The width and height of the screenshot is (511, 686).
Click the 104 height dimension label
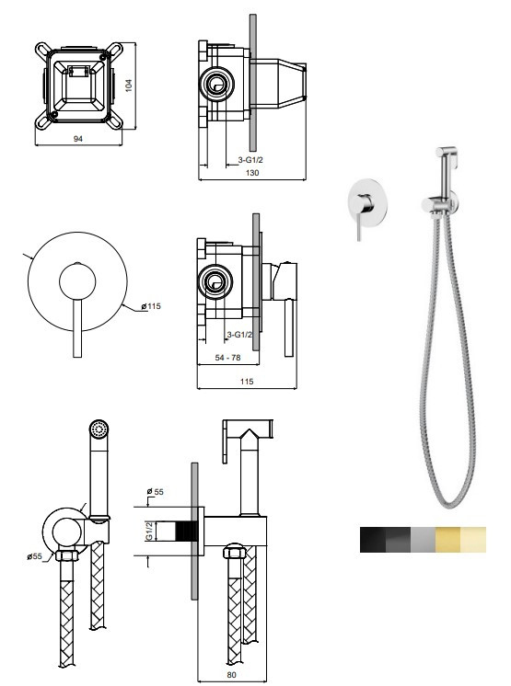pyautogui.click(x=129, y=85)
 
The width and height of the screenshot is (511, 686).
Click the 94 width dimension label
pyautogui.click(x=78, y=139)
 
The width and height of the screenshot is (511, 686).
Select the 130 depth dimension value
pyautogui.click(x=252, y=173)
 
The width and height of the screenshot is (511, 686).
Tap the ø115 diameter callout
pyautogui.click(x=151, y=306)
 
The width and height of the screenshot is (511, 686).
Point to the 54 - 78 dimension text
pyautogui.click(x=227, y=358)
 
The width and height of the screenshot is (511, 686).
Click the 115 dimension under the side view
pyautogui.click(x=247, y=382)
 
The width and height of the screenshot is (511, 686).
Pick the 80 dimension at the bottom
pyautogui.click(x=231, y=675)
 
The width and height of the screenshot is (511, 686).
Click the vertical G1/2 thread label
pyautogui.click(x=149, y=531)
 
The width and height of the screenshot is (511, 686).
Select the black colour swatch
pyautogui.click(x=373, y=540)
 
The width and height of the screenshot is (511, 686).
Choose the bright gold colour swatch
pyautogui.click(x=448, y=540)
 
